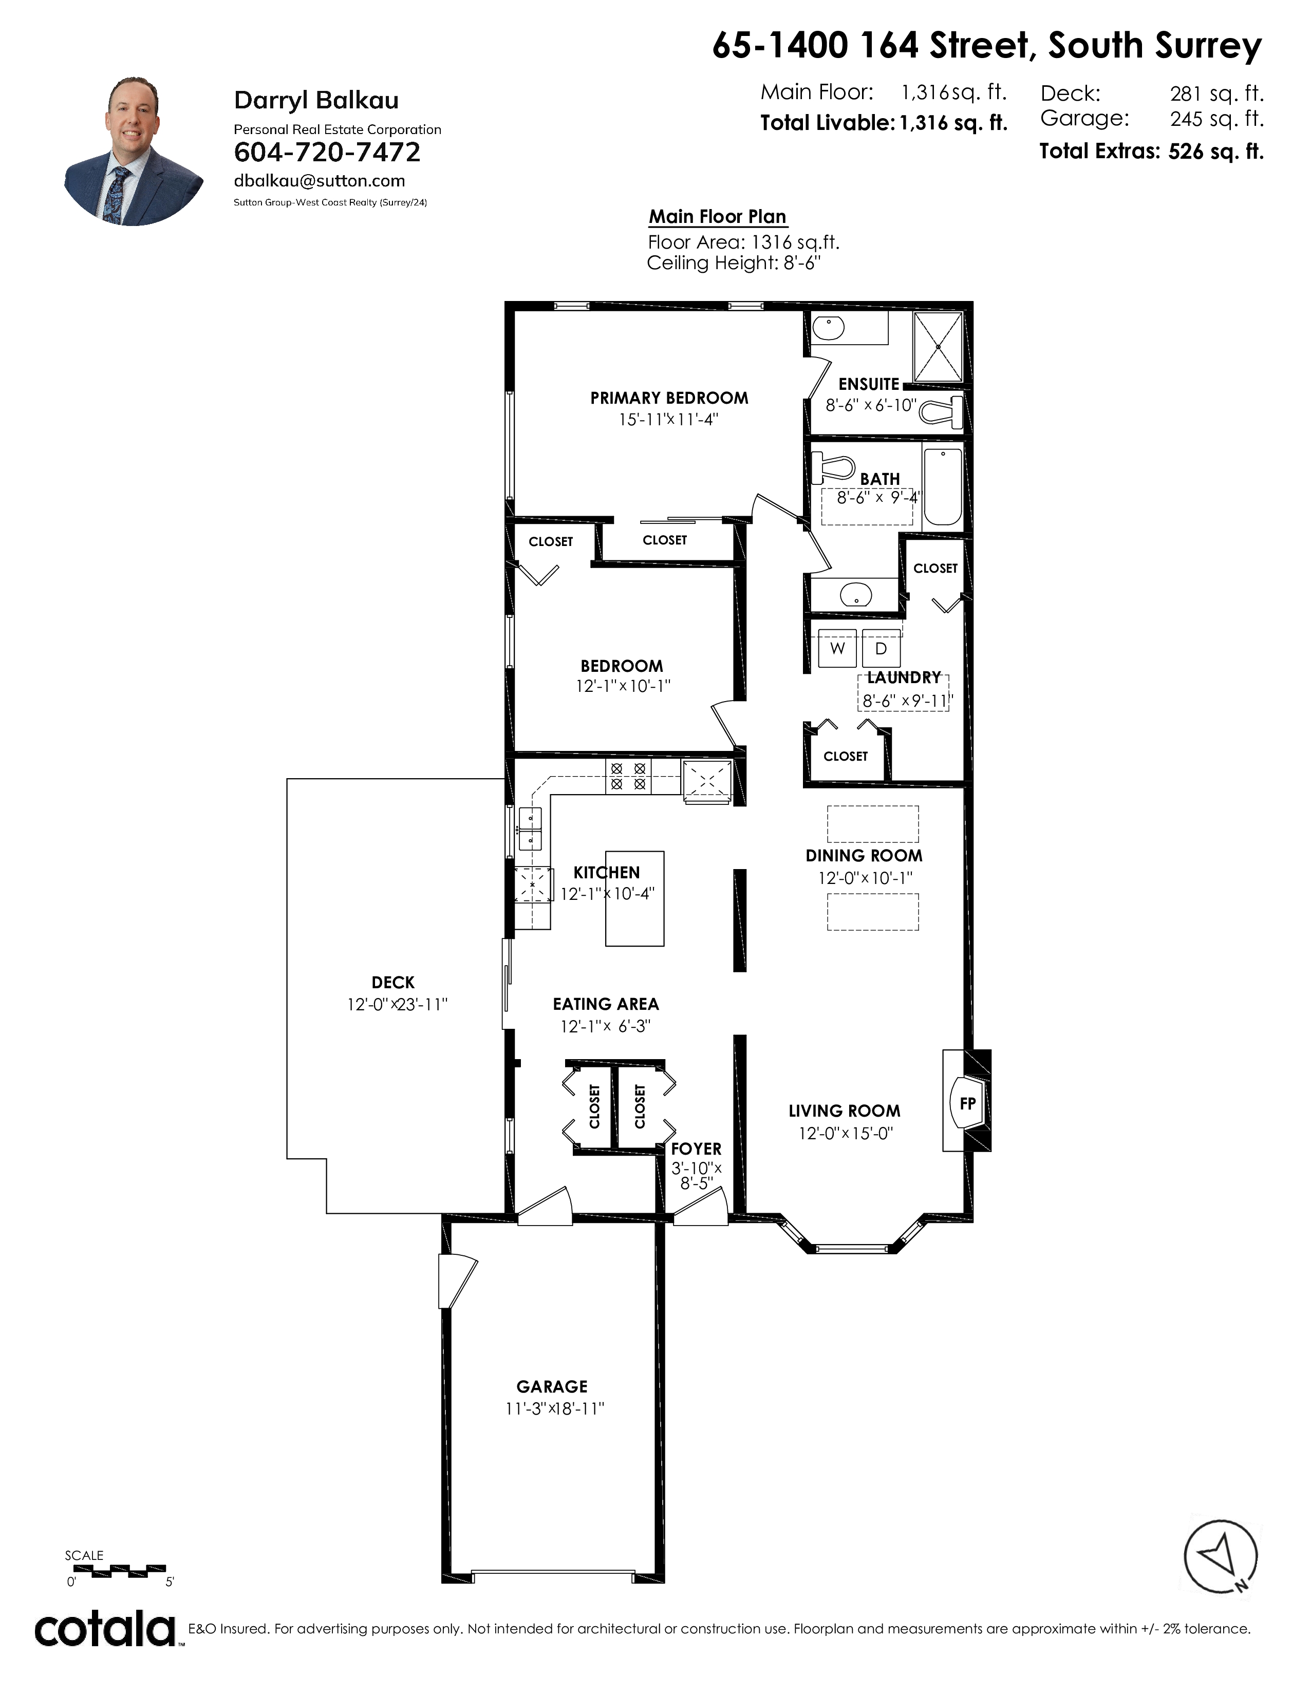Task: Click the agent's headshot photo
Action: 134,152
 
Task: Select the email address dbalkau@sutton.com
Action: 319,181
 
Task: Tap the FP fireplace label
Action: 967,1103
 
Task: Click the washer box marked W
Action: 837,648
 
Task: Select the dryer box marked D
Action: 881,648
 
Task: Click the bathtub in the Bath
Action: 943,486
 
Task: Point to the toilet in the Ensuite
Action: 941,410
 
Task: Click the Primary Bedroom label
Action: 669,398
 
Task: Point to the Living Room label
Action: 845,1112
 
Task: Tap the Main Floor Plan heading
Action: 718,217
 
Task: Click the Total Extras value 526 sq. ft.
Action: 1215,152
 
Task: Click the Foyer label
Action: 696,1148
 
